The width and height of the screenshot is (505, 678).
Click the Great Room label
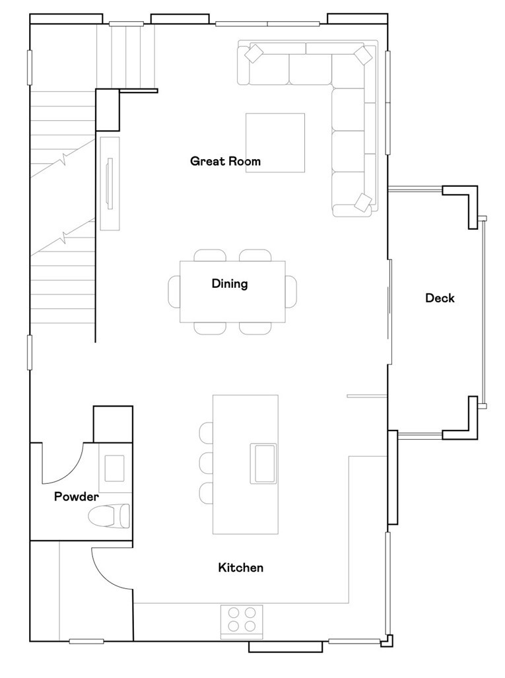(225, 161)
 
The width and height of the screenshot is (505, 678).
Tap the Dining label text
(230, 284)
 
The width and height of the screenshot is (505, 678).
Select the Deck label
(440, 298)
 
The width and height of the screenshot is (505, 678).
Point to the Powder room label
(76, 497)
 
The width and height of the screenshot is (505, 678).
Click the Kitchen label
(240, 568)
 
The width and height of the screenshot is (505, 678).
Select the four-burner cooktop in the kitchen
(242, 621)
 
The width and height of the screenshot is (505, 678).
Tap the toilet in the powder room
(111, 516)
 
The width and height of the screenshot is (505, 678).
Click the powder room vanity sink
(114, 467)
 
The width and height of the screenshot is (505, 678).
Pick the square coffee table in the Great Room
(275, 143)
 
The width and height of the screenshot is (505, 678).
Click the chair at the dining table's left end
(174, 291)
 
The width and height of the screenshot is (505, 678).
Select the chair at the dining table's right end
(291, 291)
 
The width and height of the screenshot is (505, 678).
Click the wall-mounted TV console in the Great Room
(110, 183)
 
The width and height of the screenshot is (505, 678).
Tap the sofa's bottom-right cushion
(362, 202)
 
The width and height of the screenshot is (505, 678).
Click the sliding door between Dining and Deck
(390, 312)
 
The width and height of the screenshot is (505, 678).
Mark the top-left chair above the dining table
(210, 255)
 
